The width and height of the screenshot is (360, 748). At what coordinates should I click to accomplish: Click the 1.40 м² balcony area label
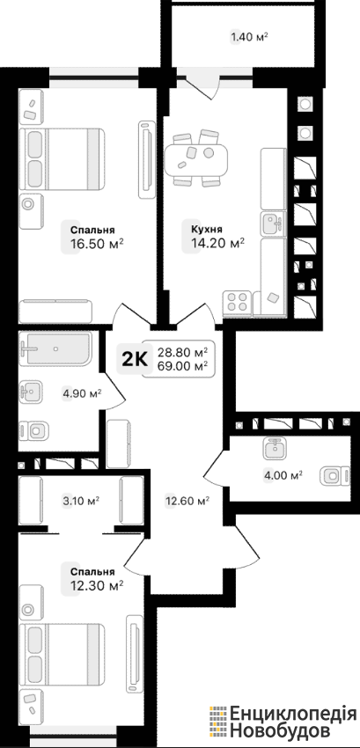249,37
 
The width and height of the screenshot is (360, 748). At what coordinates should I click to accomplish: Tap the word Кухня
206,230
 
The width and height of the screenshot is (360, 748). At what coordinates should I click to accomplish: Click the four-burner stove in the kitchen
237,302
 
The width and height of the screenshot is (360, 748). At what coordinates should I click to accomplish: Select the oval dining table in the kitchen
195,159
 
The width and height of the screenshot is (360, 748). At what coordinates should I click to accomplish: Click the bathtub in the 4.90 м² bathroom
55,349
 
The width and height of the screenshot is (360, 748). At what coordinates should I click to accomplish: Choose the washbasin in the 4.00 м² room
275,448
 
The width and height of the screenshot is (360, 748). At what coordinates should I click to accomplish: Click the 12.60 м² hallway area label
187,502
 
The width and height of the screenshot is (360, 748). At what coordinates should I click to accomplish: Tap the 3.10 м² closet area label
81,501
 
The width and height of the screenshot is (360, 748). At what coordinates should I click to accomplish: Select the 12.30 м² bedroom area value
97,584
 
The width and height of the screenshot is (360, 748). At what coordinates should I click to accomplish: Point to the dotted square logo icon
218,721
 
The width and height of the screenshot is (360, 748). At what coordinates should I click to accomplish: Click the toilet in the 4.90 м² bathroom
34,431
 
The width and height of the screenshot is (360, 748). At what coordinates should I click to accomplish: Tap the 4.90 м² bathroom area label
82,394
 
